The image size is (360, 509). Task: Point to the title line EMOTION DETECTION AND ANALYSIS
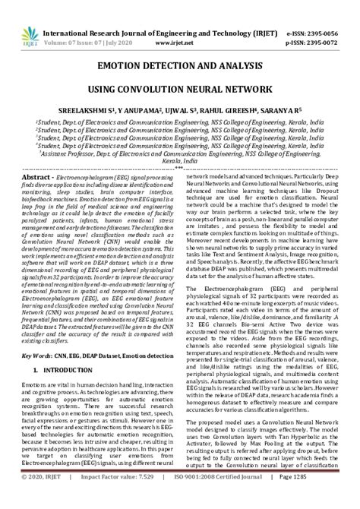(x=180, y=67)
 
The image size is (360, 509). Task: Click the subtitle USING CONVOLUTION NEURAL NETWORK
(x=180, y=90)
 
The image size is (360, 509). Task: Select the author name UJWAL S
(x=193, y=110)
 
